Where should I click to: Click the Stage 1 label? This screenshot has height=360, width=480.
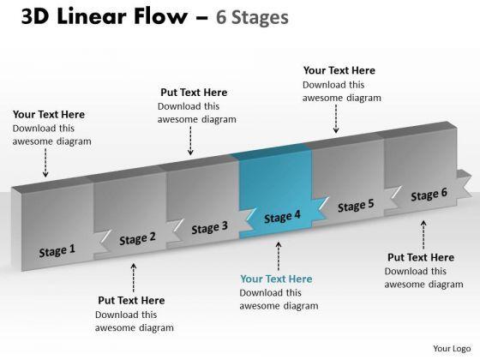(57, 250)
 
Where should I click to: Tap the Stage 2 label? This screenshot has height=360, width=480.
(137, 239)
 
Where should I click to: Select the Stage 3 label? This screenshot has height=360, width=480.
(210, 228)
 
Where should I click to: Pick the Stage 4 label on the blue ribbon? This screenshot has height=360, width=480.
(282, 217)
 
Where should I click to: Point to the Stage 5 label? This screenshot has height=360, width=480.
(356, 206)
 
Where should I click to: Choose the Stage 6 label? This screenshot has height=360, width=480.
(429, 195)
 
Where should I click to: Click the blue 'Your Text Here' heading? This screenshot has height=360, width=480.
(276, 279)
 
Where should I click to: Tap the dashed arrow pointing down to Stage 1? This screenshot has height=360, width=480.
(45, 163)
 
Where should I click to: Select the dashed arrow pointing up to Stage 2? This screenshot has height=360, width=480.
(134, 278)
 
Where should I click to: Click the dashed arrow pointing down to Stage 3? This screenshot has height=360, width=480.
(190, 141)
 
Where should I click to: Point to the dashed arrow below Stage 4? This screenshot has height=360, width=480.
(279, 256)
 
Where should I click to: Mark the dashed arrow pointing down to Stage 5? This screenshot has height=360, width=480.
(336, 119)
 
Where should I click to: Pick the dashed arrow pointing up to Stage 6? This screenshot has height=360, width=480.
(423, 235)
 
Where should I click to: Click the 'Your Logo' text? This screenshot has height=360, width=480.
(452, 349)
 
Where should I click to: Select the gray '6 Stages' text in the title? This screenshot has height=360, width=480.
(252, 17)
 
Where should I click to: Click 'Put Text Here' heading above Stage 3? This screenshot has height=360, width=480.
(194, 93)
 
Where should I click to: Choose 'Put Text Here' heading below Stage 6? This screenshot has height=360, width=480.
(421, 257)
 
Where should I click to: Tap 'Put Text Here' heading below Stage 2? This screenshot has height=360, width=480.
(131, 300)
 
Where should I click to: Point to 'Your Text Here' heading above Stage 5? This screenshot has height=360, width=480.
(339, 70)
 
